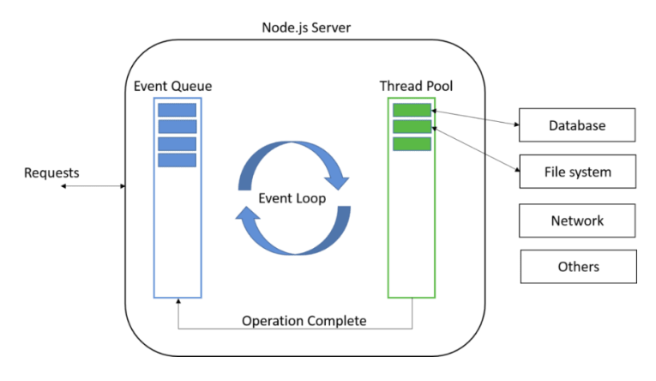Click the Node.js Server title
point(306,27)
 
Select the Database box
point(577,125)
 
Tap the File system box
point(577,172)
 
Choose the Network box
point(577,221)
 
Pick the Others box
point(578,267)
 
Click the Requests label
point(51,173)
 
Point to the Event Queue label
point(173,87)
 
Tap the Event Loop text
point(292,197)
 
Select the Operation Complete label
point(304,321)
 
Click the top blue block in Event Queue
point(177,110)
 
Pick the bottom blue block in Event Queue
point(177,160)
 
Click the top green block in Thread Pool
point(412,110)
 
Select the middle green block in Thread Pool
point(412,127)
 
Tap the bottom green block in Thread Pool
point(412,143)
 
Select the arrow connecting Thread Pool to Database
point(476,118)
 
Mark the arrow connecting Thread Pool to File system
point(476,148)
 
